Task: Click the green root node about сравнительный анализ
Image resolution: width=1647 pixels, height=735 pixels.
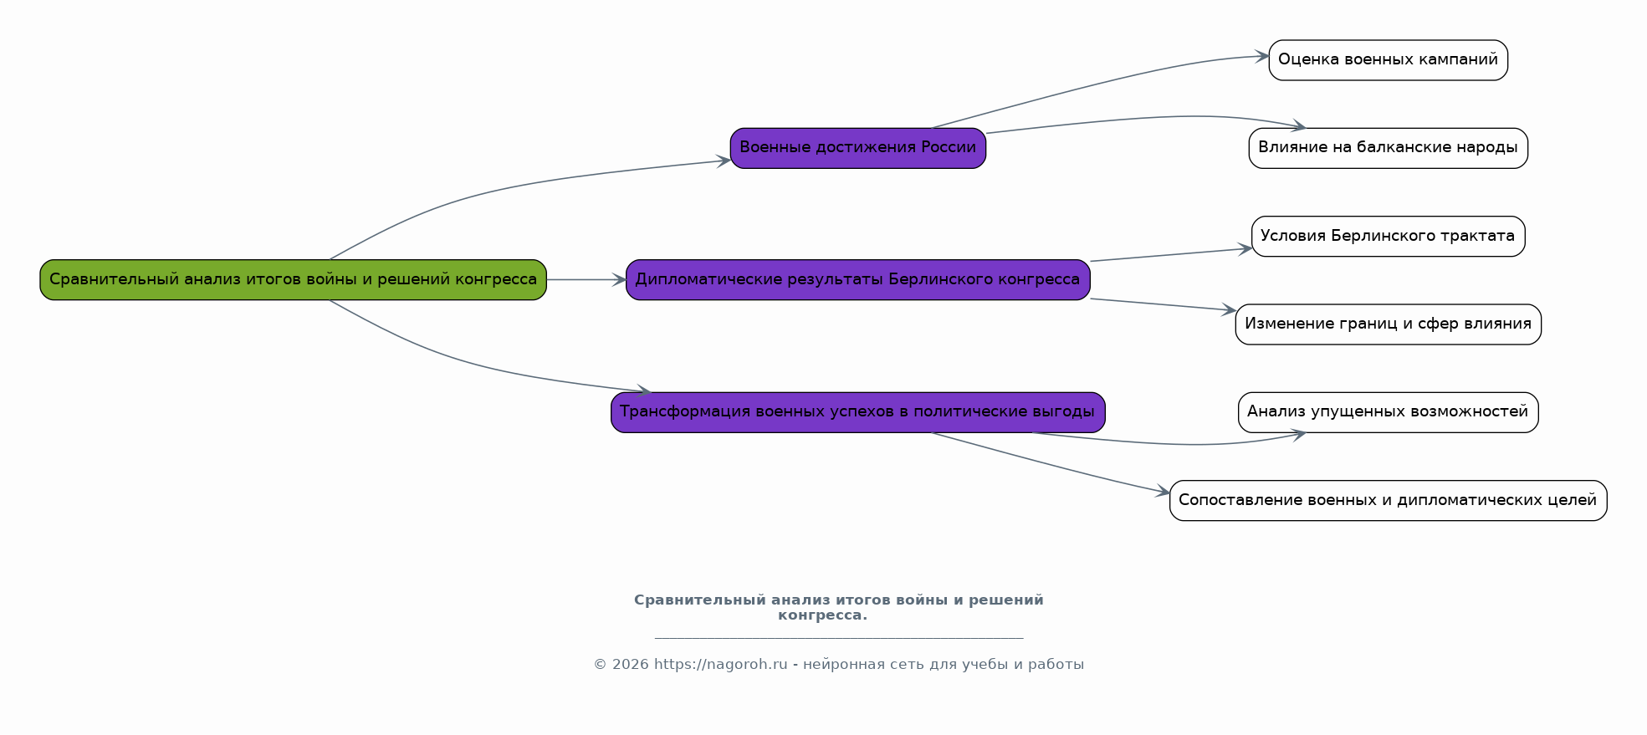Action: pyautogui.click(x=293, y=279)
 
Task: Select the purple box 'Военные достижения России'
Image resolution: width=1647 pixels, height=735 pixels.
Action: pyautogui.click(x=857, y=148)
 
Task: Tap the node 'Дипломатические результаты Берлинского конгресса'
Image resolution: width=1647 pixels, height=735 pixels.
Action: pyautogui.click(x=857, y=279)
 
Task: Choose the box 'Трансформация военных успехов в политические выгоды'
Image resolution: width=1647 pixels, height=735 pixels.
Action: pyautogui.click(x=857, y=412)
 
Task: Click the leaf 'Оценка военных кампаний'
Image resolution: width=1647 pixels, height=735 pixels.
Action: pyautogui.click(x=1388, y=60)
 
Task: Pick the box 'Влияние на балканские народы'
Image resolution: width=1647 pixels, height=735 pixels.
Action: pyautogui.click(x=1388, y=148)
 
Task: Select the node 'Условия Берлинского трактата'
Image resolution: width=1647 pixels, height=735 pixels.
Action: pyautogui.click(x=1388, y=236)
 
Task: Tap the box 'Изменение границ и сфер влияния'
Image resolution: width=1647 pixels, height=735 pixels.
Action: pyautogui.click(x=1388, y=324)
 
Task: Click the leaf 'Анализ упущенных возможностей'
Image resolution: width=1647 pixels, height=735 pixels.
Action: pyautogui.click(x=1388, y=412)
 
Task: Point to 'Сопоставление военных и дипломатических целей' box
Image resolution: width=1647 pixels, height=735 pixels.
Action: pyautogui.click(x=1388, y=500)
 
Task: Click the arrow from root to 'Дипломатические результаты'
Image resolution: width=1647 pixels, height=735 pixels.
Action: pyautogui.click(x=586, y=279)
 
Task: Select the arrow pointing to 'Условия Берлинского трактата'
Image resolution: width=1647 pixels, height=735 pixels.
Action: pyautogui.click(x=1171, y=254)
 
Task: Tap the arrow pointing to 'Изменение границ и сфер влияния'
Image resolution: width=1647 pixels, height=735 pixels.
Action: pyautogui.click(x=1163, y=304)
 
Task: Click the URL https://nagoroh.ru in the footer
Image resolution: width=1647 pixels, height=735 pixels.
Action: pyautogui.click(x=721, y=665)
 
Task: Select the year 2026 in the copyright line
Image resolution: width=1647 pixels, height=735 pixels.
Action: pyautogui.click(x=630, y=665)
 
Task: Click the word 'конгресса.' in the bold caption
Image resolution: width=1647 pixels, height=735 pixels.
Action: pyautogui.click(x=822, y=615)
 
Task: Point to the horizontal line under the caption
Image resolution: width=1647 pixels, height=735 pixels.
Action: pyautogui.click(x=839, y=638)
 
